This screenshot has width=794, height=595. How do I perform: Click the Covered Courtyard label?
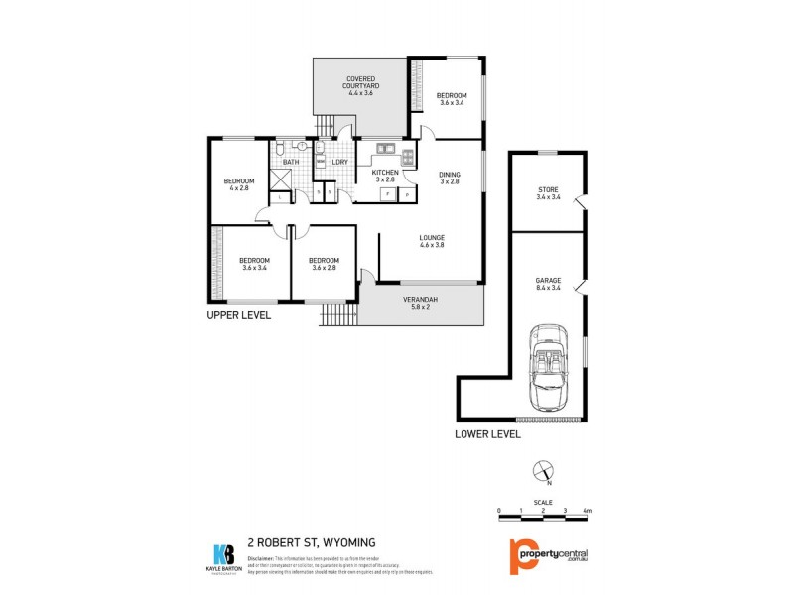click(359, 83)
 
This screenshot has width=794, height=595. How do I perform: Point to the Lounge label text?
click(431, 240)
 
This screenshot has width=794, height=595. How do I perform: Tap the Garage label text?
click(549, 284)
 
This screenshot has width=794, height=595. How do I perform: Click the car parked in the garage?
click(548, 367)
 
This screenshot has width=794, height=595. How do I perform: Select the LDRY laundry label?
click(339, 162)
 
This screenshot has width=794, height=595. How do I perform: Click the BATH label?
click(290, 162)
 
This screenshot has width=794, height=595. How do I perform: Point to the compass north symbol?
click(541, 471)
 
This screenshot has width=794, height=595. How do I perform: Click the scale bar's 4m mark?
click(587, 510)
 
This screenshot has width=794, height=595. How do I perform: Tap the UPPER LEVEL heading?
click(238, 315)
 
